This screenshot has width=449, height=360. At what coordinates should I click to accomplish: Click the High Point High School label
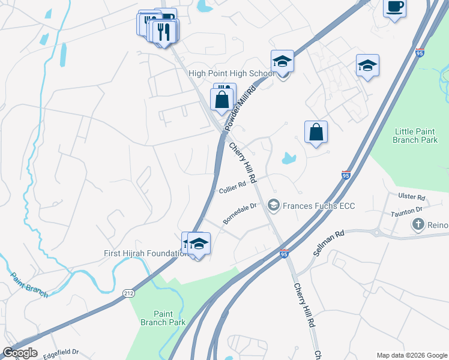tap(231, 74)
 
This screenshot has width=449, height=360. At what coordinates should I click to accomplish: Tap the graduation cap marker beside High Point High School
tap(282, 62)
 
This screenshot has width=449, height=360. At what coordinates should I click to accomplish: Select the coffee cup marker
tap(394, 7)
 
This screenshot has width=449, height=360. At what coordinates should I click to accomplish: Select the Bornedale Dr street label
tap(240, 213)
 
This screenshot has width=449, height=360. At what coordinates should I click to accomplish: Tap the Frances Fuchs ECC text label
tap(319, 206)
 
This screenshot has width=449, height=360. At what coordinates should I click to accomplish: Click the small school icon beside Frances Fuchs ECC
tap(274, 206)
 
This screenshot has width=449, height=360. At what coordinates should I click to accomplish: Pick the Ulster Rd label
tap(412, 197)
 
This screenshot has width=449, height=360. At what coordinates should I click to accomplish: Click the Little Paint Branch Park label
tap(415, 136)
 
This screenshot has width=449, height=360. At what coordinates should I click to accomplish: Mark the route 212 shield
tap(131, 293)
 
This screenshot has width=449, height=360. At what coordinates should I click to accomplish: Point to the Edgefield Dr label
tap(62, 352)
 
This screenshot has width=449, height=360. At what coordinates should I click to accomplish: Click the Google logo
tap(19, 353)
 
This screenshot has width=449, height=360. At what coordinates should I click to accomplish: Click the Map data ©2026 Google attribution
tap(412, 355)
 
